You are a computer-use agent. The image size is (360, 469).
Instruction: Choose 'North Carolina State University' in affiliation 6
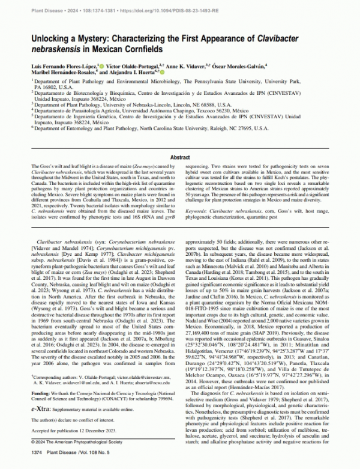click(x=197, y=129)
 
